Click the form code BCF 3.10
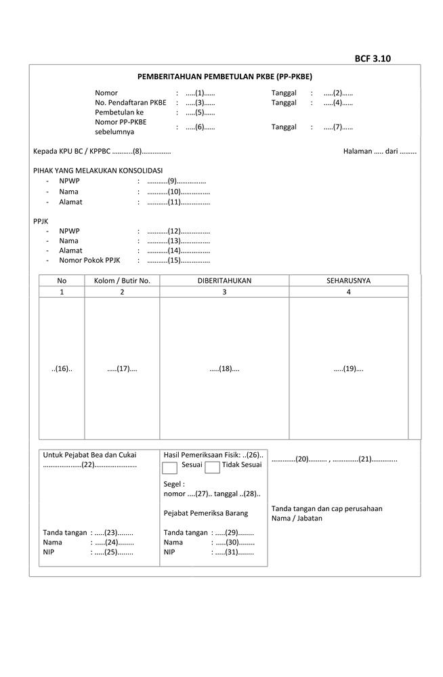pos(373,58)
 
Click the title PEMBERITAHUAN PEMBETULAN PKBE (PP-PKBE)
pos(224,77)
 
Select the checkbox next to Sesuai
pos(170,467)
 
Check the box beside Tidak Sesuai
pos(212,467)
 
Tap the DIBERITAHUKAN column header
pos(224,280)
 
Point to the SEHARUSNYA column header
pos(348,280)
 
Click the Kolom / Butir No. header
pos(122,280)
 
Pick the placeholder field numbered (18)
pos(224,369)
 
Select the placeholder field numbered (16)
pos(62,369)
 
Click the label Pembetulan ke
pos(119,112)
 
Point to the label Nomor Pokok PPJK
pos(89,260)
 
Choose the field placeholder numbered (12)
pos(178,231)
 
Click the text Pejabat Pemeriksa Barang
pos(206,513)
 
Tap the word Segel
pos(173,484)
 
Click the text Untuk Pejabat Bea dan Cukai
pos(89,455)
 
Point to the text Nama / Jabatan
pos(297,518)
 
